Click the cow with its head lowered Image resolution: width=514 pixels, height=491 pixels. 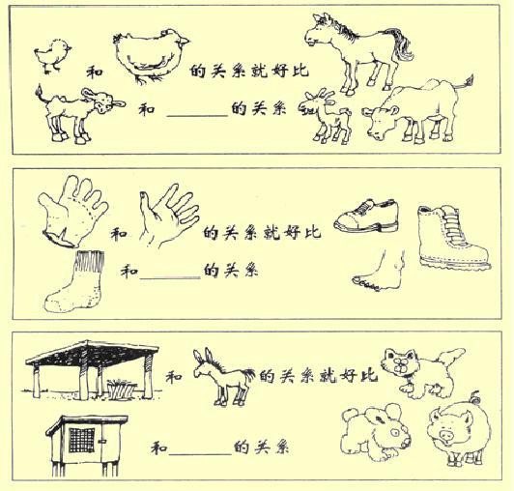coord(411,111)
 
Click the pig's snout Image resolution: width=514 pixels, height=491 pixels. coord(445,436)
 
